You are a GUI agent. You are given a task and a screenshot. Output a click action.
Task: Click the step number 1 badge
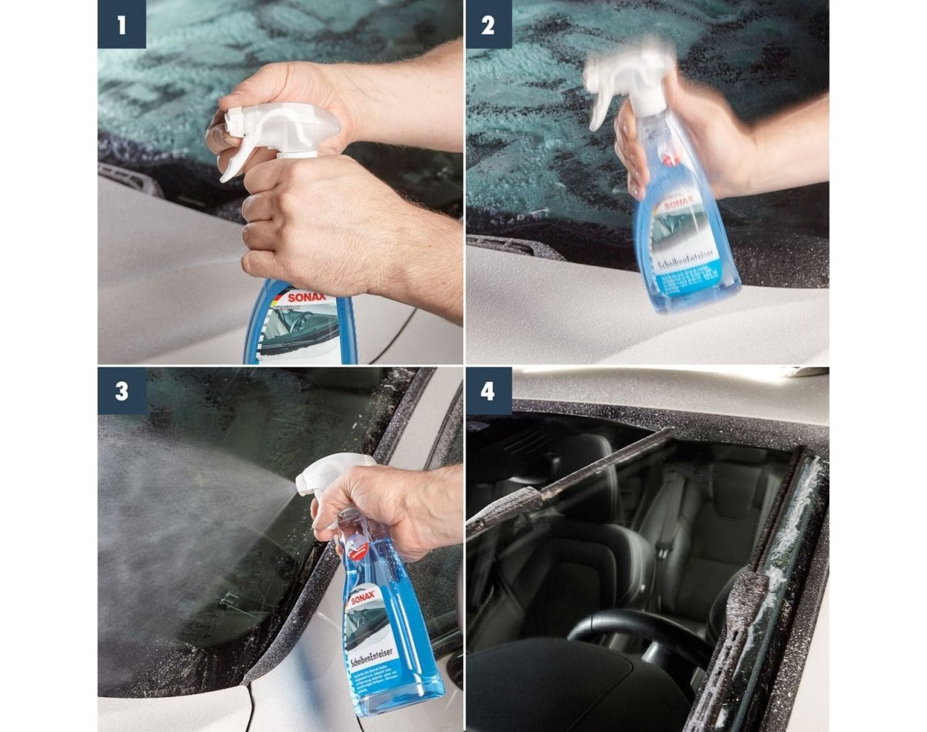121,24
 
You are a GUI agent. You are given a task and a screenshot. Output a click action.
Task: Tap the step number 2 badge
489,24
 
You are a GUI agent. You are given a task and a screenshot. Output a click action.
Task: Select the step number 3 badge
121,390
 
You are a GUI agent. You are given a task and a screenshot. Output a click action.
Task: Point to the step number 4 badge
489,390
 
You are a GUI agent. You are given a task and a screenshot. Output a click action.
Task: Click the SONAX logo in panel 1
307,298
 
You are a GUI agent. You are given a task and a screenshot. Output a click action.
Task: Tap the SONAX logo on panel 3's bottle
363,598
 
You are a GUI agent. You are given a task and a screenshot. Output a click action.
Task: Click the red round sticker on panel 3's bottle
356,548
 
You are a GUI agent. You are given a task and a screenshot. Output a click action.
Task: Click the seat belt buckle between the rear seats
662,533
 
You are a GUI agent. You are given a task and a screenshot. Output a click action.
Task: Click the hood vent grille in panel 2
514,246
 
